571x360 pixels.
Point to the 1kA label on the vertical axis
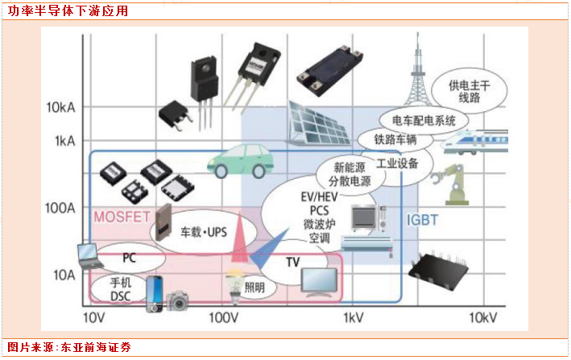[x=64, y=141]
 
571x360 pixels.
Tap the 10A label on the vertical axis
[x=64, y=275]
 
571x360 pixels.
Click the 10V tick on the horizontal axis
[x=94, y=317]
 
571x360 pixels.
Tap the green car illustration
[x=239, y=160]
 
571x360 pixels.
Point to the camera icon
[x=178, y=302]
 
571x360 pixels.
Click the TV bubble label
[x=292, y=263]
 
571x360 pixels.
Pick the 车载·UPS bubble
[x=201, y=232]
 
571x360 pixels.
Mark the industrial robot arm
[x=445, y=183]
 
